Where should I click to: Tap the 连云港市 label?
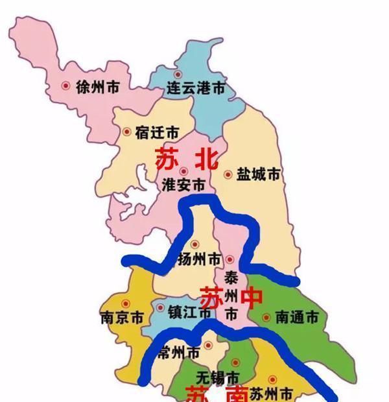[x=196, y=88]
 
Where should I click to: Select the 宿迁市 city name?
[x=158, y=132]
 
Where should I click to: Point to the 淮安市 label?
[x=183, y=184]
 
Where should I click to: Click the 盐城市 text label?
[x=259, y=174]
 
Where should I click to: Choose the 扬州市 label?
[x=198, y=259]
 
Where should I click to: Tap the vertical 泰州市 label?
[x=231, y=296]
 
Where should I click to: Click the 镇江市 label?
[x=190, y=312]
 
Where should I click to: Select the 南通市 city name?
[x=297, y=318]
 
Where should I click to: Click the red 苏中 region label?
[x=231, y=298]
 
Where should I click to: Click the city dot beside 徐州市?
[x=65, y=85]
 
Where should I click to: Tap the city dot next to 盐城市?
[x=228, y=174]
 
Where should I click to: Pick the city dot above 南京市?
[x=126, y=303]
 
